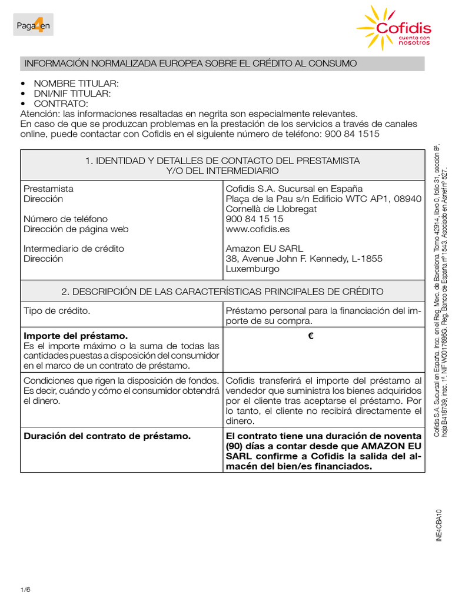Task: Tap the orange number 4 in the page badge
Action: click(41, 25)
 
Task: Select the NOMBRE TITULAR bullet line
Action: click(76, 84)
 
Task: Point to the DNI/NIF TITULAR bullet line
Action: click(72, 94)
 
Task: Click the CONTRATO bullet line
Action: click(61, 104)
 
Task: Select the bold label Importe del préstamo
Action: click(75, 336)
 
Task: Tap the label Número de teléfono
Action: click(65, 219)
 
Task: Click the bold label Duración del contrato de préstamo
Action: click(107, 436)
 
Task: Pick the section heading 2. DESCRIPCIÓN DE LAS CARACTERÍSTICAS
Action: click(222, 292)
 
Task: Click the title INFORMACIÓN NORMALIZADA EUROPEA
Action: click(190, 63)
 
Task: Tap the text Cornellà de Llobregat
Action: click(271, 209)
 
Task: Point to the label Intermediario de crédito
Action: click(74, 249)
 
